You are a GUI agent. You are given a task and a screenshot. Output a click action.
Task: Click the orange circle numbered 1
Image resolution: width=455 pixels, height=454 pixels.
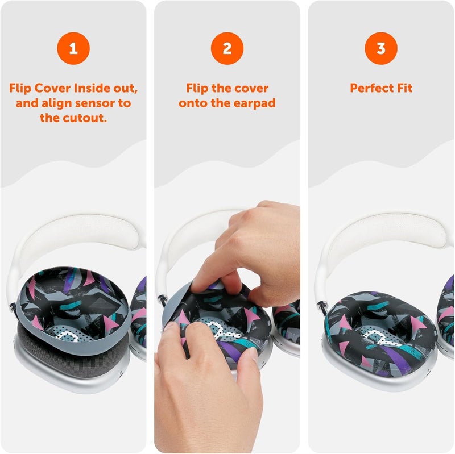73,48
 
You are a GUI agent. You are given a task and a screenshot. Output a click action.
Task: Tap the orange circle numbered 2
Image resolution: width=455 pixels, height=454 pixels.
227,48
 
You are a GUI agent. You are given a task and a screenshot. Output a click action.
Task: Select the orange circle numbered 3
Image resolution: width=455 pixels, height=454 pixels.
381,48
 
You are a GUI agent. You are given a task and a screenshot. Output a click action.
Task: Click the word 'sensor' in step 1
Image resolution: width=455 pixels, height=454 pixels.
98,103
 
